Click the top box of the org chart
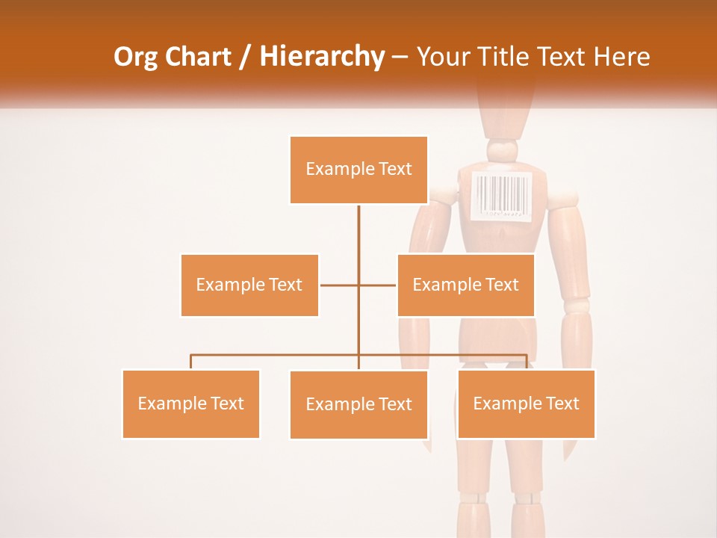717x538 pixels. pos(358,170)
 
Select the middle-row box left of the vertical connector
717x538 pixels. pos(249,285)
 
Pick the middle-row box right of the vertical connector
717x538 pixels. pos(465,285)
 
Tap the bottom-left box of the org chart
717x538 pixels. pos(190,403)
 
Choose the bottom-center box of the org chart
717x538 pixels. pos(358,404)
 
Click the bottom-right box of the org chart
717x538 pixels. pos(526,403)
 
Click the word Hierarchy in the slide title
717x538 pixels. pos(322,56)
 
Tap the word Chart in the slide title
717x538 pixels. pos(197,56)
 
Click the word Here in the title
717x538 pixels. pos(622,56)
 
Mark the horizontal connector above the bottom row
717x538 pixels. pos(276,355)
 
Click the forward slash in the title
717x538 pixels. pos(244,57)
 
